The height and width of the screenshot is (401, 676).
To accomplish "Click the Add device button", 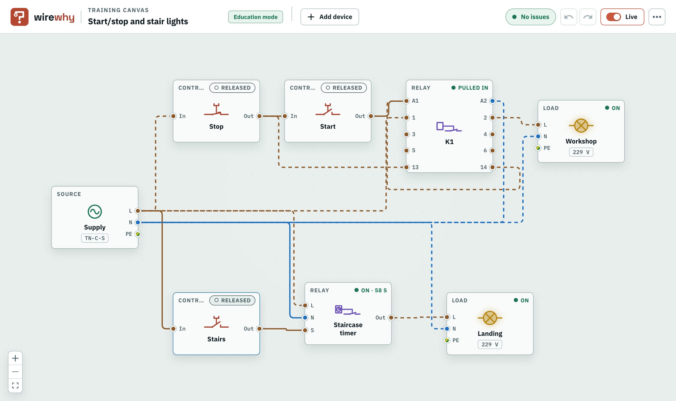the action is (x=330, y=17).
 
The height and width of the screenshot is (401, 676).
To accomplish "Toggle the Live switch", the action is (x=613, y=17).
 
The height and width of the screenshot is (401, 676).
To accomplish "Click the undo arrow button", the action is (x=569, y=17).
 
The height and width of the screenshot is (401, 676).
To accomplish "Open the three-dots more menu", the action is (x=657, y=17).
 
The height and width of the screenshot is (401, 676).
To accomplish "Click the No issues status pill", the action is (x=531, y=17).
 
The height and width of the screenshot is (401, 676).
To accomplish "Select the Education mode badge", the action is (x=256, y=17).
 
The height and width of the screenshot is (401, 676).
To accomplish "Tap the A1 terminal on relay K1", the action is (x=406, y=101).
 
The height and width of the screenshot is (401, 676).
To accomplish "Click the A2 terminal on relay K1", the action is (x=492, y=101).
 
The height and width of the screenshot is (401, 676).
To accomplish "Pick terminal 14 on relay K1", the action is (x=492, y=167).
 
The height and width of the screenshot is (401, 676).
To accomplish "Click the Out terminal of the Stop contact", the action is (x=259, y=116).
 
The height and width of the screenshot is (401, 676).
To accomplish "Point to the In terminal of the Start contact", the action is (x=285, y=116).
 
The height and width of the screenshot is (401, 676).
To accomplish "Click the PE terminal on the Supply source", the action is (x=138, y=234).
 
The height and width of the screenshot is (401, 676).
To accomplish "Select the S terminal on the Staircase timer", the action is (x=305, y=330).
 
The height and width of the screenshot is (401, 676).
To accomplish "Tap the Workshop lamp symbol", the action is (x=581, y=125).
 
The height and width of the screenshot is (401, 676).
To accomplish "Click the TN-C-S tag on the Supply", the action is (x=95, y=238).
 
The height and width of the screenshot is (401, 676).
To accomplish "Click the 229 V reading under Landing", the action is (x=490, y=344).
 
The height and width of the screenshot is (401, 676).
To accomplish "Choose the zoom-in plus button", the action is (x=15, y=358).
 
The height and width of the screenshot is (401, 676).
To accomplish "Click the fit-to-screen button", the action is (x=15, y=385).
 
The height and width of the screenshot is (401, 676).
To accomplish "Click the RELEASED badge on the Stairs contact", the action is (x=232, y=300).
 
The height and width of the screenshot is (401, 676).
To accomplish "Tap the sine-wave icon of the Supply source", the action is (x=95, y=212).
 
